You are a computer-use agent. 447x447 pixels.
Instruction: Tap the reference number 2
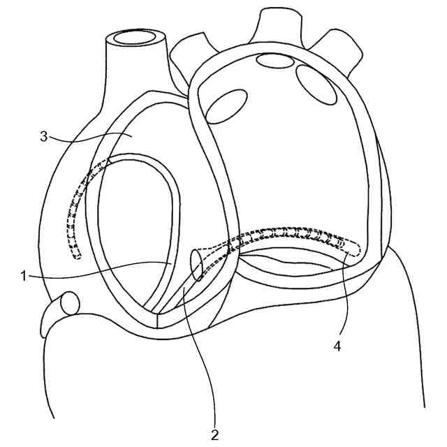click(x=214, y=434)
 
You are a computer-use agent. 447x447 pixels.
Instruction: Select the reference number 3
click(x=43, y=135)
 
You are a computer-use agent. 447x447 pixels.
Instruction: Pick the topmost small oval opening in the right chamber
click(x=274, y=61)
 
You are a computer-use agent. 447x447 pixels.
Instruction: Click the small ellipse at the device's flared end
click(x=197, y=265)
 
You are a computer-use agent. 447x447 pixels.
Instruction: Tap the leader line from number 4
click(x=342, y=293)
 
